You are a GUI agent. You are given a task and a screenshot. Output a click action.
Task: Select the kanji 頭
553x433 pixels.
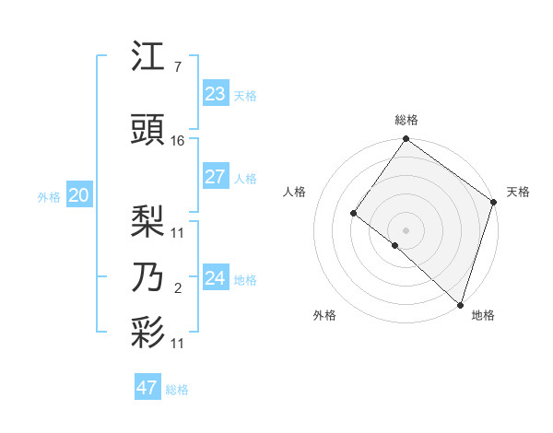pyautogui.click(x=148, y=131)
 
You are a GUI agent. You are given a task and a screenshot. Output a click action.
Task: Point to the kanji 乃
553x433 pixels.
pyautogui.click(x=148, y=277)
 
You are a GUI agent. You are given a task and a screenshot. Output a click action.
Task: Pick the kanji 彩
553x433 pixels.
pyautogui.click(x=148, y=333)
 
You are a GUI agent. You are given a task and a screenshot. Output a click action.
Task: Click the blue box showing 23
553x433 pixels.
pyautogui.click(x=215, y=93)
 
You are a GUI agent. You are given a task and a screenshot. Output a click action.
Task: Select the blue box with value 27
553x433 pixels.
pyautogui.click(x=215, y=177)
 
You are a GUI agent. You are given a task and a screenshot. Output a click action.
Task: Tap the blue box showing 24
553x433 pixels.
pyautogui.click(x=215, y=277)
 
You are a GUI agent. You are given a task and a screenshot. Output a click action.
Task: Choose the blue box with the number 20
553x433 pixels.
pyautogui.click(x=78, y=195)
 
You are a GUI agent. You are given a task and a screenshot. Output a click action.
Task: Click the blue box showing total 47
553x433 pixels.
pyautogui.click(x=147, y=388)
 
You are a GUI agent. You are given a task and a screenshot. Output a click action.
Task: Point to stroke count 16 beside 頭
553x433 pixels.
pyautogui.click(x=178, y=141)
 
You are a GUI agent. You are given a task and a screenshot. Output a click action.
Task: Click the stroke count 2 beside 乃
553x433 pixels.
pyautogui.click(x=177, y=289)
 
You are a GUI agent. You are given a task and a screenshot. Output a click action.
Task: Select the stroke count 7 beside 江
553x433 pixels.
pyautogui.click(x=177, y=67)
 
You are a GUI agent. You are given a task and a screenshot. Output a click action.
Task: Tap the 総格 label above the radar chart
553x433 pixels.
pyautogui.click(x=406, y=120)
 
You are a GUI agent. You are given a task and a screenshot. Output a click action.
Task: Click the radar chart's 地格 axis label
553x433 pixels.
pyautogui.click(x=483, y=315)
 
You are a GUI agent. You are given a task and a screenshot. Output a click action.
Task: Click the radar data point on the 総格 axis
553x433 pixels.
pyautogui.click(x=406, y=139)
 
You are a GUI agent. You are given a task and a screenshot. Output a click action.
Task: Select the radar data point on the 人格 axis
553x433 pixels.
pyautogui.click(x=353, y=214)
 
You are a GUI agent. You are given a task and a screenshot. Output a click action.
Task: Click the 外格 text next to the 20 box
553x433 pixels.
pyautogui.click(x=49, y=196)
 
